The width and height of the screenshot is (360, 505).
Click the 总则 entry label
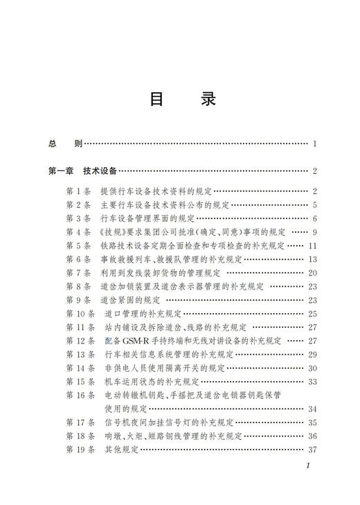click(x=66, y=144)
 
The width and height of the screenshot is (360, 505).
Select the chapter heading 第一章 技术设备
click(x=82, y=171)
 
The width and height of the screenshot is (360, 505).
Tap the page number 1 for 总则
click(x=314, y=144)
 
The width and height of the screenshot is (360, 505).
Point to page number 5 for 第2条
click(x=314, y=205)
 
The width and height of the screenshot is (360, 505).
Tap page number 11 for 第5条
click(x=312, y=246)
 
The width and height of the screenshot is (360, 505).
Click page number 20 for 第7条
click(x=312, y=273)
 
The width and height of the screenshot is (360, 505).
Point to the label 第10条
click(x=80, y=314)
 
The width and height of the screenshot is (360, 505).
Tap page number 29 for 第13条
click(x=312, y=354)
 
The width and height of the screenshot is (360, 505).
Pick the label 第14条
click(x=80, y=368)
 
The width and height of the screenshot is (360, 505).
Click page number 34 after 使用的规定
click(x=312, y=409)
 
